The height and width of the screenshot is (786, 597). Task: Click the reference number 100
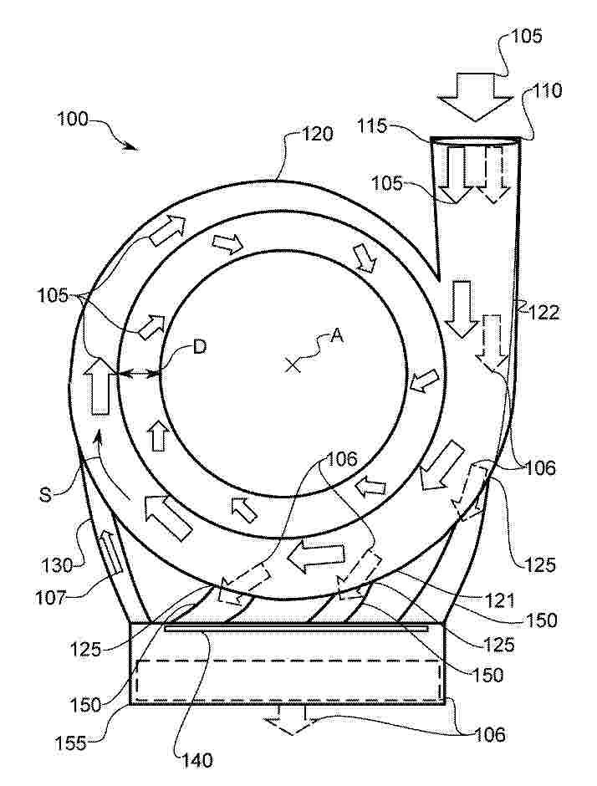(x=72, y=120)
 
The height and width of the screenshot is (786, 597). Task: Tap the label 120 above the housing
(x=316, y=134)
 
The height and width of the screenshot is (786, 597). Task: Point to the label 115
(x=372, y=125)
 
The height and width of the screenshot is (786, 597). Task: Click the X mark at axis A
(x=293, y=365)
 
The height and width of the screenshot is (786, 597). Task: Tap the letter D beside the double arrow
(x=200, y=347)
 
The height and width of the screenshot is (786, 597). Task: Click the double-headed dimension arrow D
(x=138, y=373)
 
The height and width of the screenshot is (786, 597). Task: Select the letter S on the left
(x=46, y=495)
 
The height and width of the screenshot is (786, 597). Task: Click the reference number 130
(x=57, y=566)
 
